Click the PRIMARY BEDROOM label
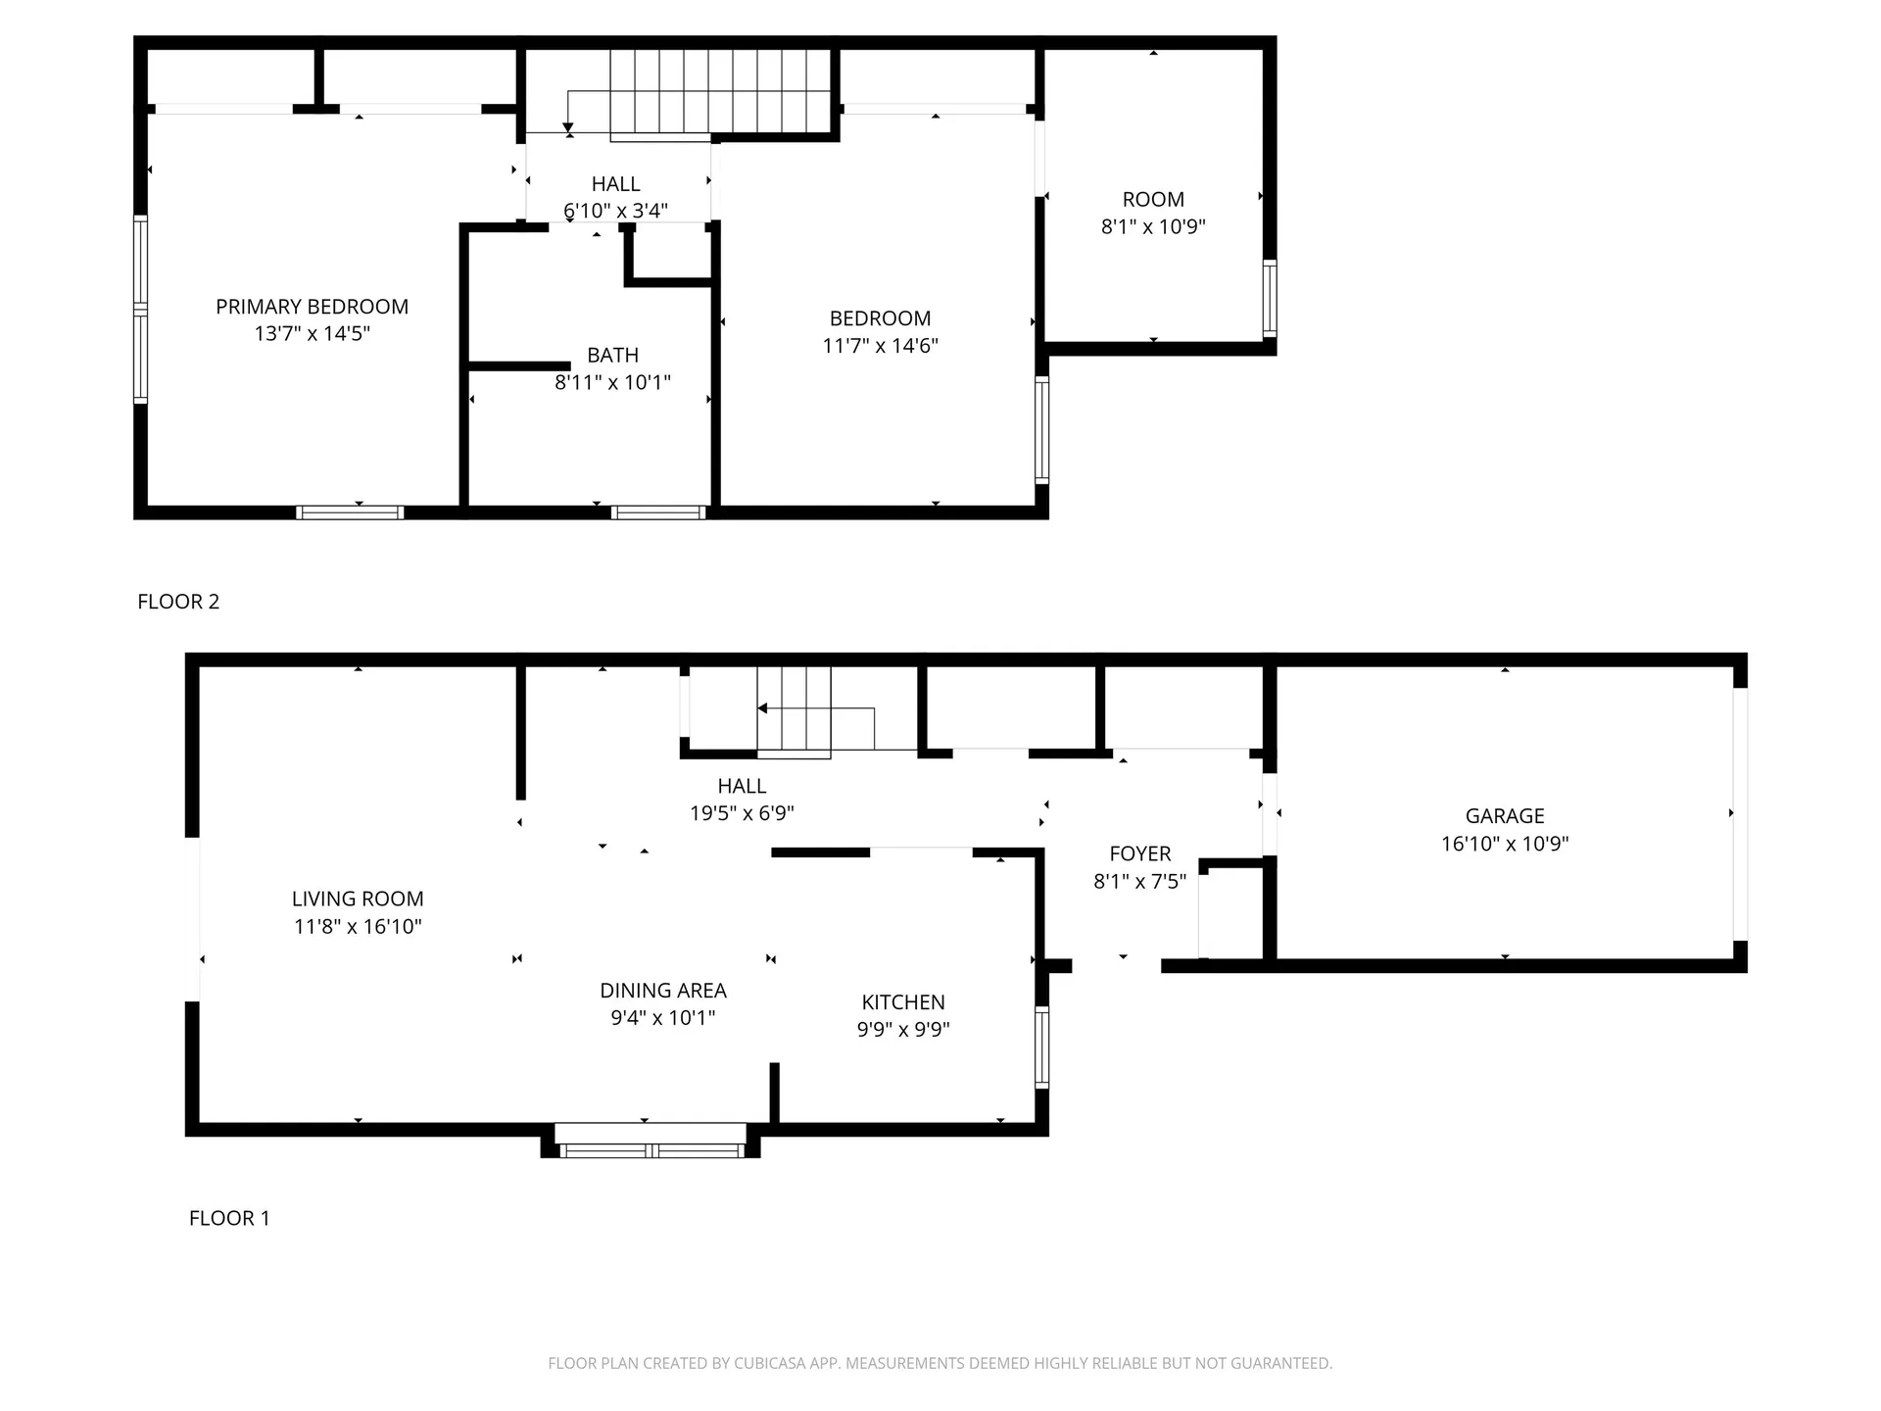coord(312,307)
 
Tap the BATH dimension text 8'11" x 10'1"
coord(612,382)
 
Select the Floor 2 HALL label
coord(615,184)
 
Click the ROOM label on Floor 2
coord(1153,200)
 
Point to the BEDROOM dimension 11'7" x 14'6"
coord(880,345)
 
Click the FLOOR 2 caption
coord(178,602)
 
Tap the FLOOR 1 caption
coord(229,1218)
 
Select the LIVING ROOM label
coord(358,899)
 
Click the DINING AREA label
coord(663,991)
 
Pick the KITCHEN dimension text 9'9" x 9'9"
coord(903,1029)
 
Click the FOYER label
coord(1139,853)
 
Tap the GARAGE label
coord(1505,816)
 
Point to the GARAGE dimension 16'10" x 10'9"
coord(1505,844)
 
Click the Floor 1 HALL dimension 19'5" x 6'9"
coord(742,813)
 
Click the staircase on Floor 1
coord(795,710)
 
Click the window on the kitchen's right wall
coord(1042,1046)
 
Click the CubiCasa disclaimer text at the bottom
coord(940,1363)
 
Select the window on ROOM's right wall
coord(1270,299)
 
